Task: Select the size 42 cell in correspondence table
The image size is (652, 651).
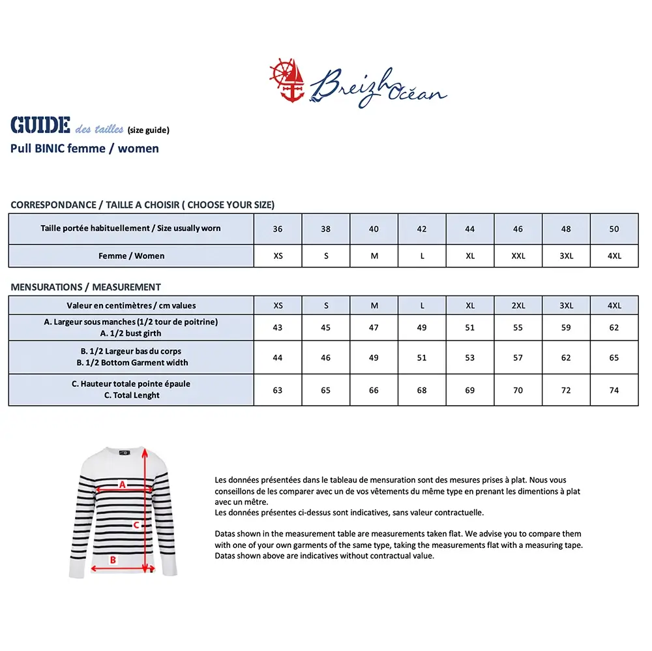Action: tap(422, 229)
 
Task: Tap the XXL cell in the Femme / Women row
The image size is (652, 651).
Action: tap(518, 256)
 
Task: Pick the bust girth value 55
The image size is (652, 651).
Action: tap(518, 327)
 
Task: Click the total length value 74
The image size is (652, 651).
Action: tap(614, 390)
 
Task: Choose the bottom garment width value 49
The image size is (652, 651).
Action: tap(374, 357)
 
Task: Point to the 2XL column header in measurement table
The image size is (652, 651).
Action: tap(518, 305)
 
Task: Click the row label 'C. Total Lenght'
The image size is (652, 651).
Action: tap(131, 395)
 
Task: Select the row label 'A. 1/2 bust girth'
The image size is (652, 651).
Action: tap(131, 333)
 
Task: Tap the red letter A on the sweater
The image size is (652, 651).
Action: tap(121, 484)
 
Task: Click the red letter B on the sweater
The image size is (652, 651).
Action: tap(112, 559)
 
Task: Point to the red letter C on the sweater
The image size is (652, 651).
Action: tap(136, 524)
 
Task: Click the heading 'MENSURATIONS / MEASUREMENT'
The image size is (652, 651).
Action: tap(85, 287)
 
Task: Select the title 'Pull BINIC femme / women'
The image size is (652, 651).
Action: tap(85, 148)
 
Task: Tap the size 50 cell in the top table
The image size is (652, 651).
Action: tap(614, 229)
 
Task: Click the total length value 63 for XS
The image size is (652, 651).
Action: tap(278, 390)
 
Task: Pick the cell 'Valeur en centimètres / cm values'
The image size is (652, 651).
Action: tap(131, 305)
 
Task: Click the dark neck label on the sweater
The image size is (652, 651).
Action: tap(125, 451)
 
